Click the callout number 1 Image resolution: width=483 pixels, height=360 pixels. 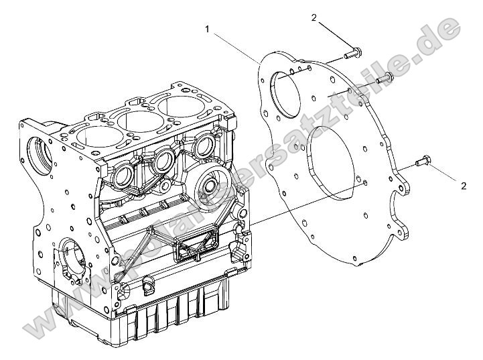(x=208, y=29)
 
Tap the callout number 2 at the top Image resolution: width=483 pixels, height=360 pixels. (x=314, y=17)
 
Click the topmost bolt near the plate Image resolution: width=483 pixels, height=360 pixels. (x=353, y=52)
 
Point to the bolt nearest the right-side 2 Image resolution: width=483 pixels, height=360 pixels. (x=406, y=161)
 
